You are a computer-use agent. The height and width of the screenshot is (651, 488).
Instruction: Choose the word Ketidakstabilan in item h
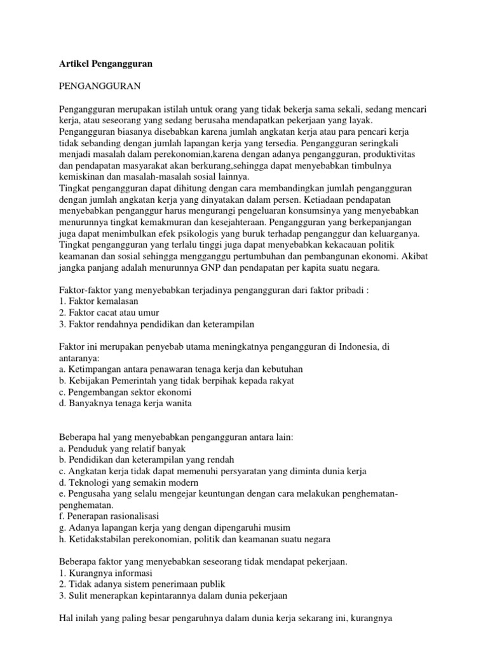click(x=97, y=539)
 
